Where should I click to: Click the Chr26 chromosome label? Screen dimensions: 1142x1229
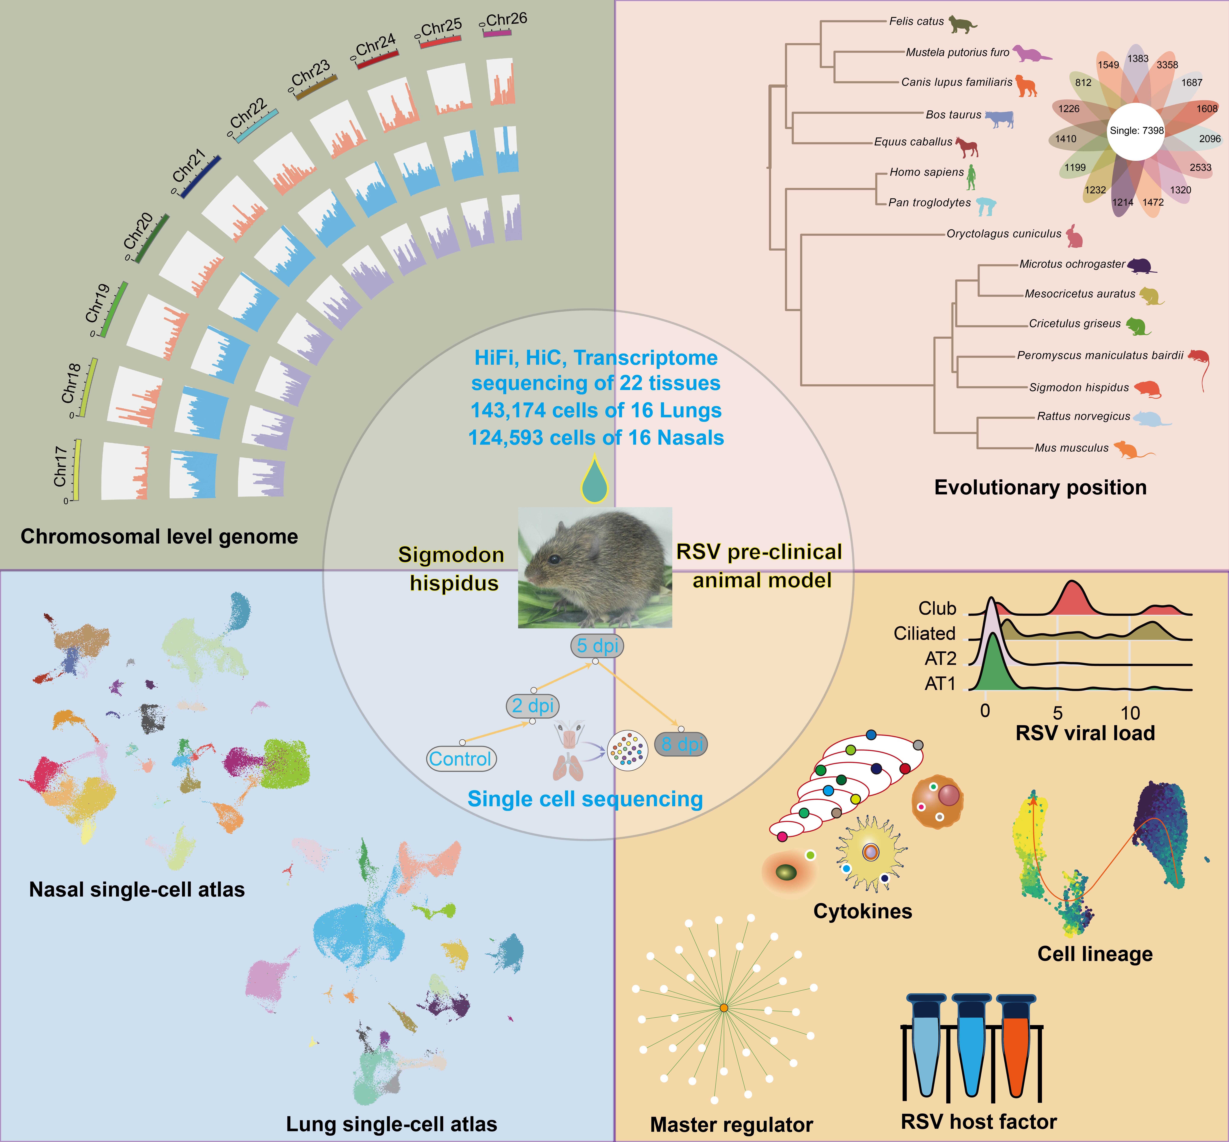click(506, 19)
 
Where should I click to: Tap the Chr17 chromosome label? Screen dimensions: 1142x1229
click(60, 467)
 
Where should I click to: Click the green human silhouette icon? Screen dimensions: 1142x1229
click(971, 177)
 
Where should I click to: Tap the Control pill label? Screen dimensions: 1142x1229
click(460, 758)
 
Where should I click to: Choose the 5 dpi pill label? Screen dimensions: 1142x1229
click(597, 646)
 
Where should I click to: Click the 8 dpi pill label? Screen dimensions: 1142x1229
click(682, 744)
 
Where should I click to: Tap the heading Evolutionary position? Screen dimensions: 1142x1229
click(1040, 488)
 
